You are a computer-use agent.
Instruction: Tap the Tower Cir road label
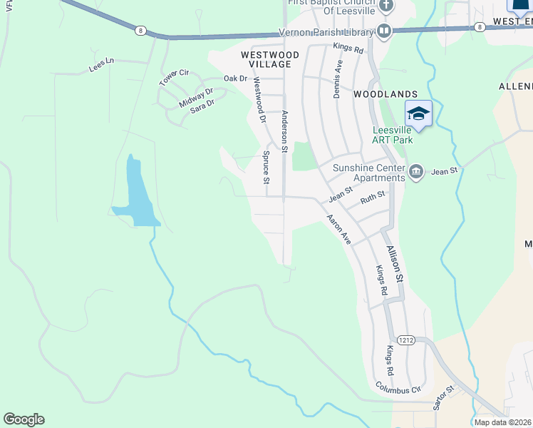(174, 78)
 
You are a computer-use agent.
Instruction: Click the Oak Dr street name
(235, 78)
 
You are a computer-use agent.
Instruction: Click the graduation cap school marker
(418, 114)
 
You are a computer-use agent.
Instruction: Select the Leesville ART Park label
(393, 135)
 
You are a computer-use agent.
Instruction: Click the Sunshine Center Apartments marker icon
(416, 171)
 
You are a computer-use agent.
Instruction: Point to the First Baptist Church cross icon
(385, 6)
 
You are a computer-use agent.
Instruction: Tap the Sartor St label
(443, 399)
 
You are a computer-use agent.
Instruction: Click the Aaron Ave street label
(339, 229)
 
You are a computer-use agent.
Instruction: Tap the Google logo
(24, 419)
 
